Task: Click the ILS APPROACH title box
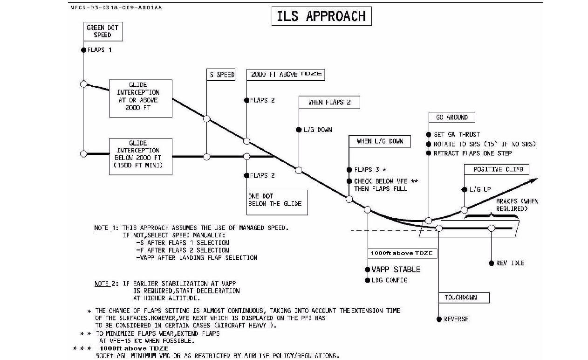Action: (x=321, y=16)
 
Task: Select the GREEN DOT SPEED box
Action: (x=103, y=31)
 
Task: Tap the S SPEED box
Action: (x=221, y=75)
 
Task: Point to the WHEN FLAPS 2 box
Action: (x=329, y=103)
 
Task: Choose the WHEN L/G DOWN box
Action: (x=380, y=141)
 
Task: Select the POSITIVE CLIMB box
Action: (x=496, y=169)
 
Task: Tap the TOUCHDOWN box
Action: (x=464, y=298)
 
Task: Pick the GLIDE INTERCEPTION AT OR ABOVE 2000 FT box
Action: (x=141, y=98)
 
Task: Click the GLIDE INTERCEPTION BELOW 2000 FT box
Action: (x=141, y=156)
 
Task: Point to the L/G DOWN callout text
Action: (x=318, y=130)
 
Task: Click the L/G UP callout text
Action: (x=480, y=189)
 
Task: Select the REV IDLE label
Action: (x=510, y=263)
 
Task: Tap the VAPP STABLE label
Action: (x=396, y=270)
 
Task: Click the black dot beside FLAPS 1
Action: (x=84, y=50)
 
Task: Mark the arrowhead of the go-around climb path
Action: (x=534, y=180)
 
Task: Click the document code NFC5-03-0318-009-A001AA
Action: (x=116, y=8)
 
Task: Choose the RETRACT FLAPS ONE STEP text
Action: (x=472, y=153)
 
